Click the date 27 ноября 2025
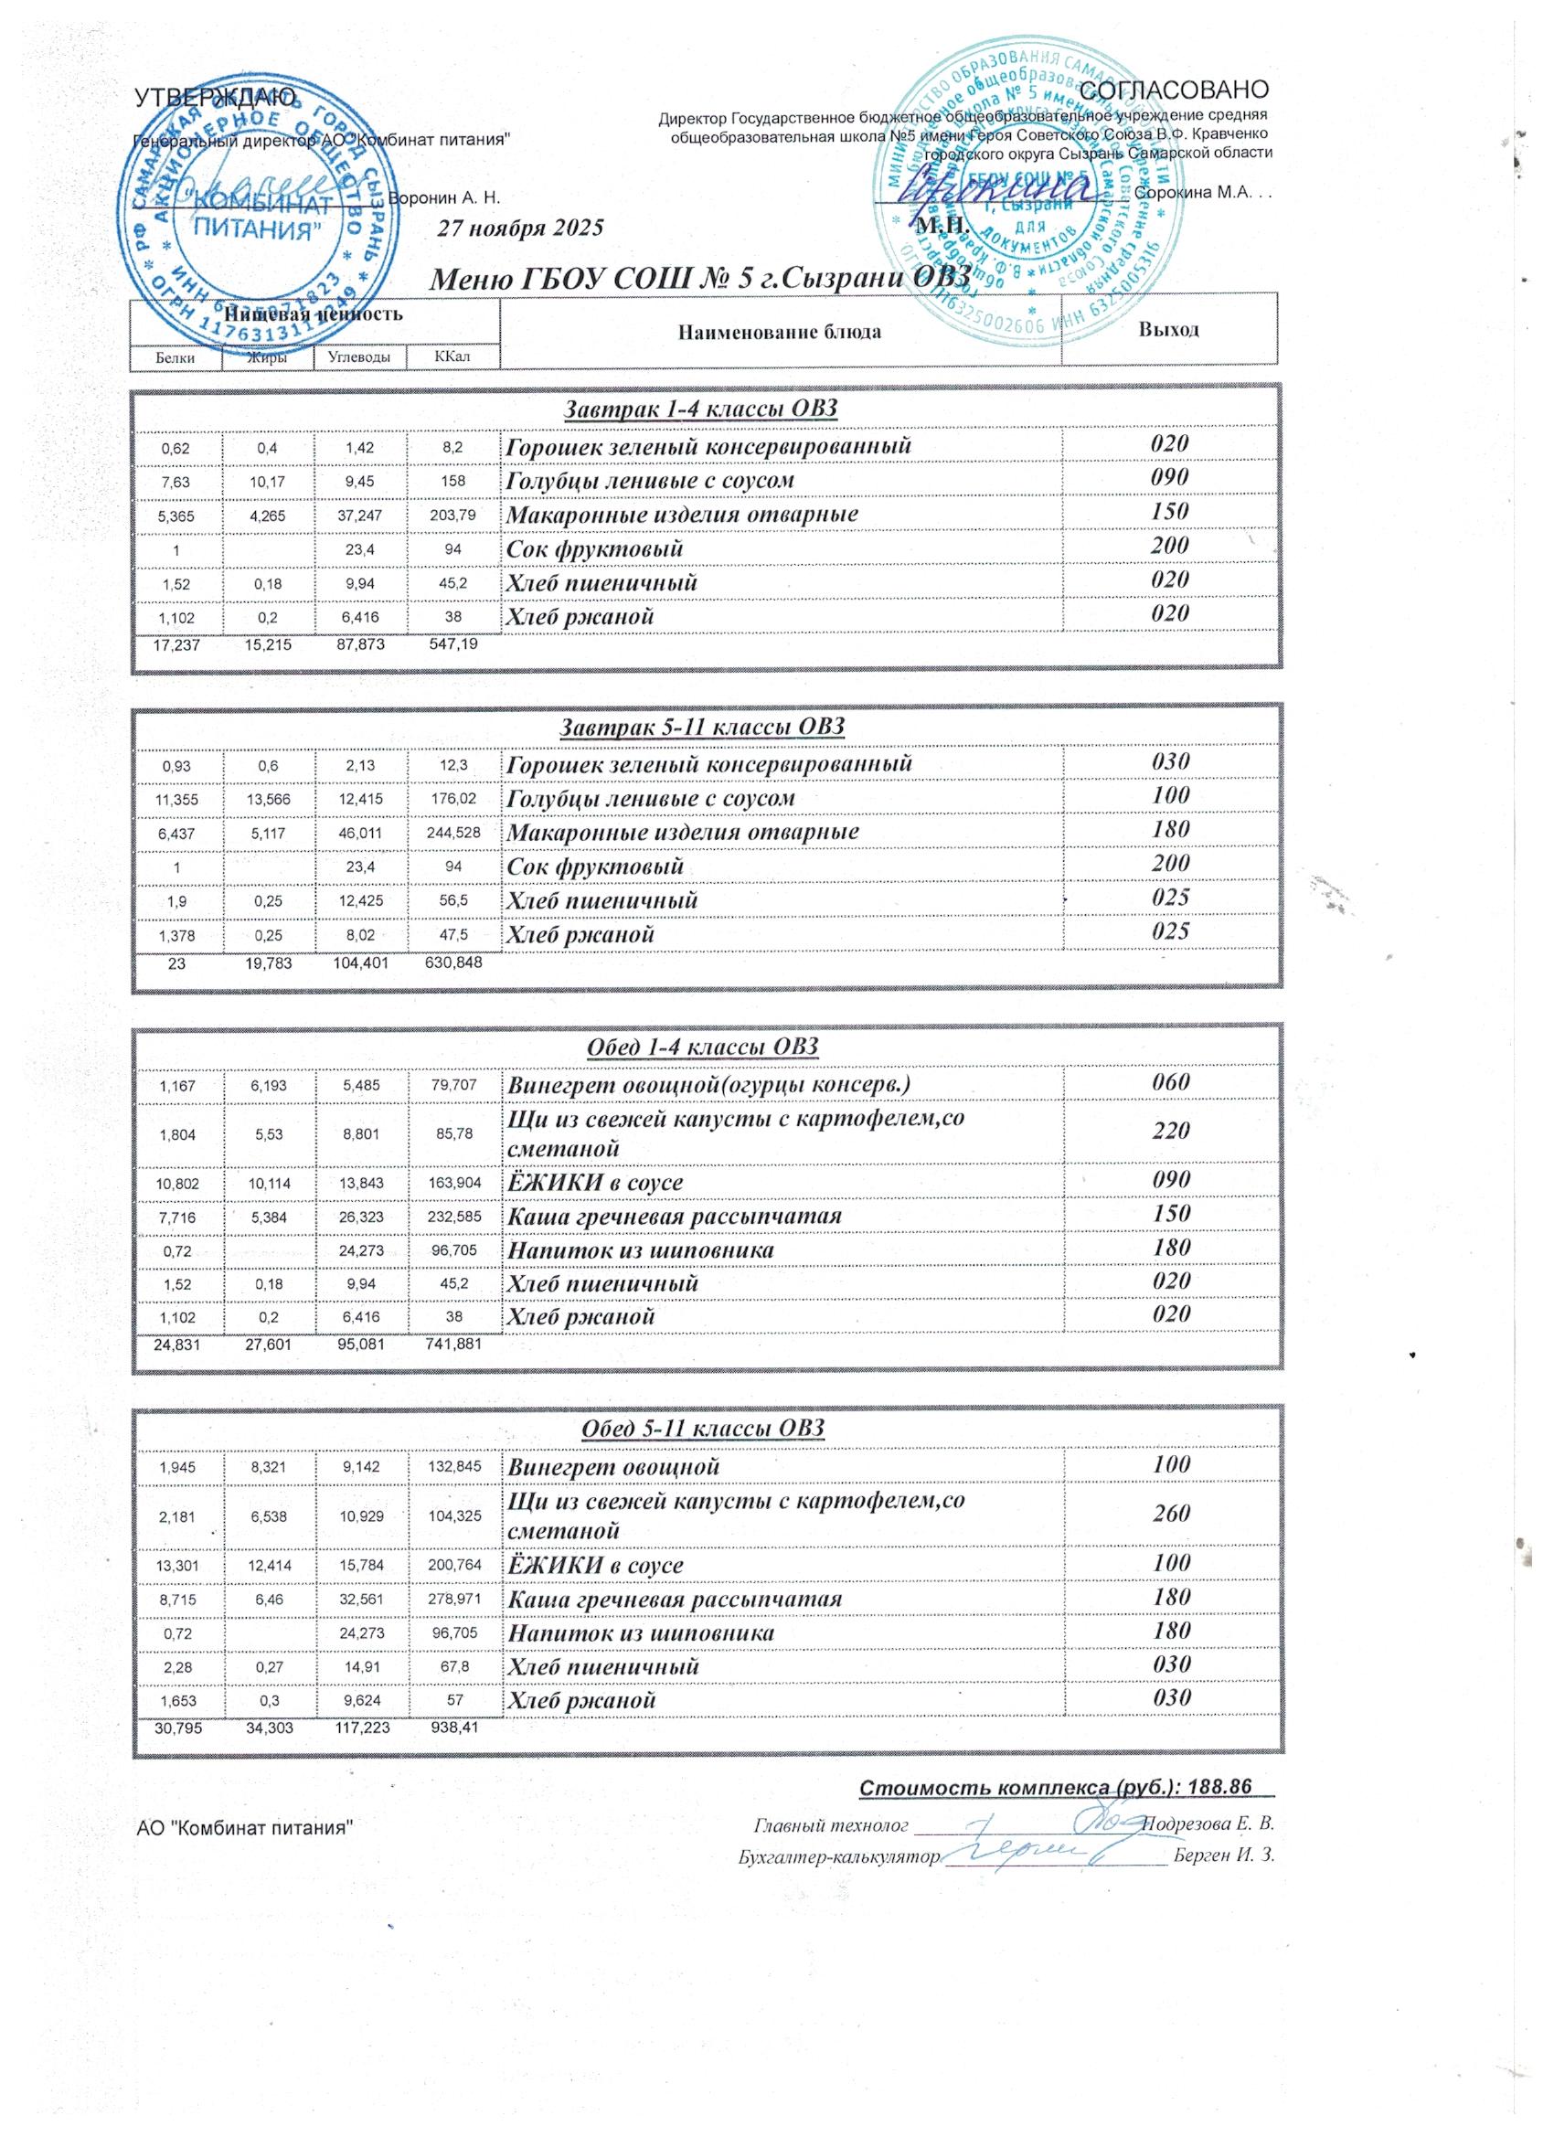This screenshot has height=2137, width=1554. coord(521,229)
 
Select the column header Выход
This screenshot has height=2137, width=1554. coord(1168,330)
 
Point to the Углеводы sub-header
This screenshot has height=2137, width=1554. coord(359,357)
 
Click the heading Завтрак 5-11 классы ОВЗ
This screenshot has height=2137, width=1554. coord(703,727)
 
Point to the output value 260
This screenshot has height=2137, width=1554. coord(1171,1514)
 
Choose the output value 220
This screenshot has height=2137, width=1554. coord(1171,1131)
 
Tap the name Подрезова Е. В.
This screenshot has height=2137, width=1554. coord(1208,1823)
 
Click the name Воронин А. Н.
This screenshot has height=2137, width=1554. coord(444,199)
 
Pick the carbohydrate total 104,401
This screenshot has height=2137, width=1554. coord(360,964)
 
